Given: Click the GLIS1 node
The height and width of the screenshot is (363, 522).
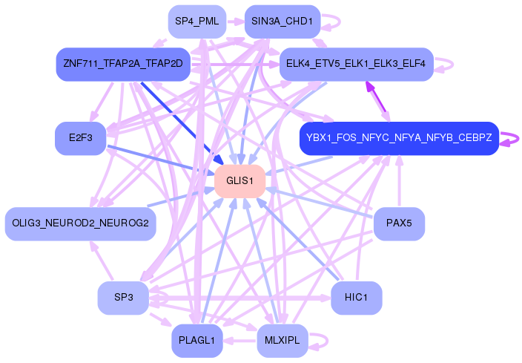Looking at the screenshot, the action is [239, 181].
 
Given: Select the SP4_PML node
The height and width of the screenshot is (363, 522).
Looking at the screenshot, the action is [197, 22].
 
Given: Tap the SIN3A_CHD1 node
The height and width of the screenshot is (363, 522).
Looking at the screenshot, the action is [283, 22].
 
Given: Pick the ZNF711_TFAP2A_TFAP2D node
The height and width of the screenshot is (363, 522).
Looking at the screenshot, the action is [123, 64].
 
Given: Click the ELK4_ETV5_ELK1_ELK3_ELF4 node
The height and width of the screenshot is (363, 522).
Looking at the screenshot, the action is [356, 64].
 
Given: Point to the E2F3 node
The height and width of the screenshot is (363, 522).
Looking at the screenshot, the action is [81, 138].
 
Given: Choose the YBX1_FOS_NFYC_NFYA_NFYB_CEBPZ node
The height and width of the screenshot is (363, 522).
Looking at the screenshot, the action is [399, 138].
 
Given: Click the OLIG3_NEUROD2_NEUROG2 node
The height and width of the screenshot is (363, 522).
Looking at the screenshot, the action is [81, 223].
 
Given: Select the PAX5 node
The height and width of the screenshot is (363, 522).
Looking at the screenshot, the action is [399, 223].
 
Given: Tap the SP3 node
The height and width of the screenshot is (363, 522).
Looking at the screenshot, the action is [123, 298].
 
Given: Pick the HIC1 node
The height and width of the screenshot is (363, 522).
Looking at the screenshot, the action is [356, 298].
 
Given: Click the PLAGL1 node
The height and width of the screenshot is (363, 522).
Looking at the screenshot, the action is [197, 341].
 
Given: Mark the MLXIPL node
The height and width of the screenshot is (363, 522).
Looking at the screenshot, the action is [283, 341].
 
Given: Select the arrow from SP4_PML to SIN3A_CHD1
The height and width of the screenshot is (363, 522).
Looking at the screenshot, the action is [235, 22].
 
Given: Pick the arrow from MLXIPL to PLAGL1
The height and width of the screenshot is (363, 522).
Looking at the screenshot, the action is [239, 341].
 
